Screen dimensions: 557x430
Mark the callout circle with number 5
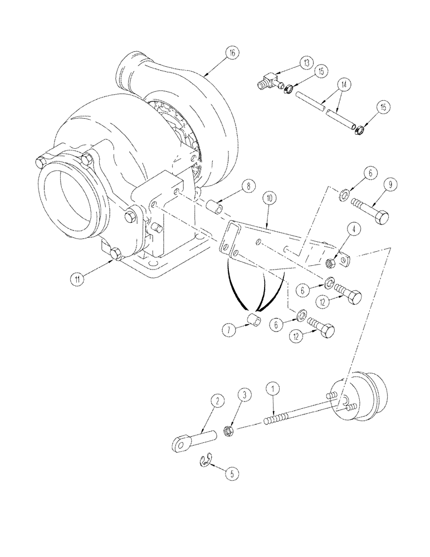coord(230,475)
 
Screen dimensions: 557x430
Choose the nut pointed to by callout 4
coord(329,260)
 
